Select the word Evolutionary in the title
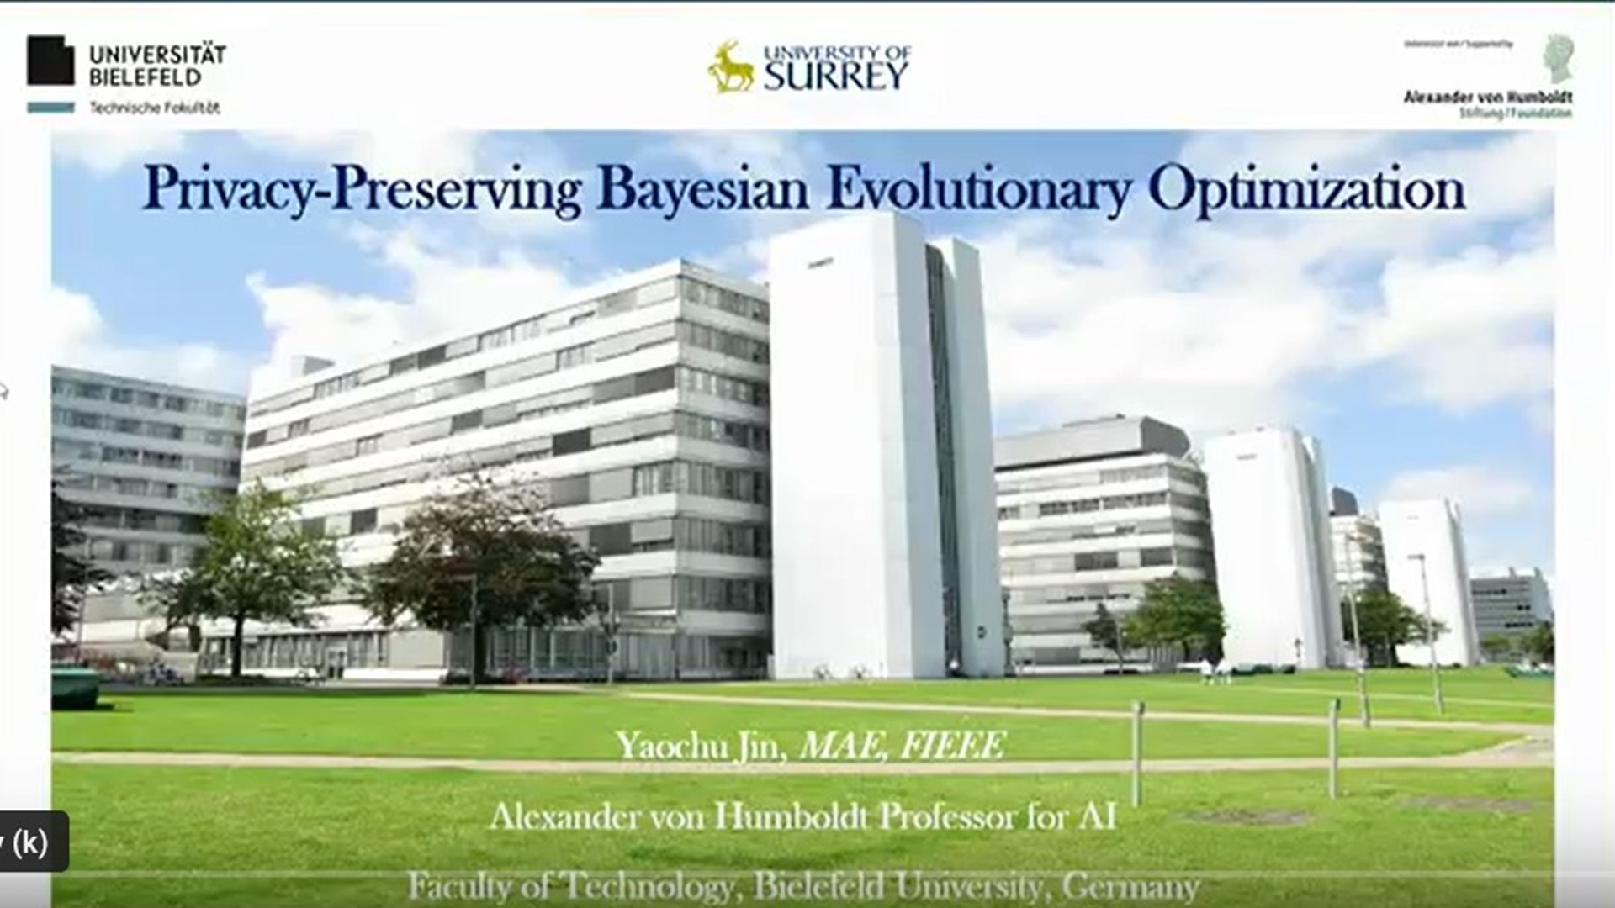coord(978,190)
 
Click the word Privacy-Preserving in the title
coord(362,190)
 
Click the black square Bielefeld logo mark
coord(50,61)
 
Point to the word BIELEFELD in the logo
coord(145,77)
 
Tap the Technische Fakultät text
coord(155,108)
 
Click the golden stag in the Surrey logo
coord(731,67)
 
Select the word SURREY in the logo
coord(836,77)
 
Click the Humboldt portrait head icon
coord(1558,58)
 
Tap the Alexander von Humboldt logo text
coord(1487,98)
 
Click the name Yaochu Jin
coord(700,746)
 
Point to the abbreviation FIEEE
coord(952,746)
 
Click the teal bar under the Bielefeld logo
coord(50,108)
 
